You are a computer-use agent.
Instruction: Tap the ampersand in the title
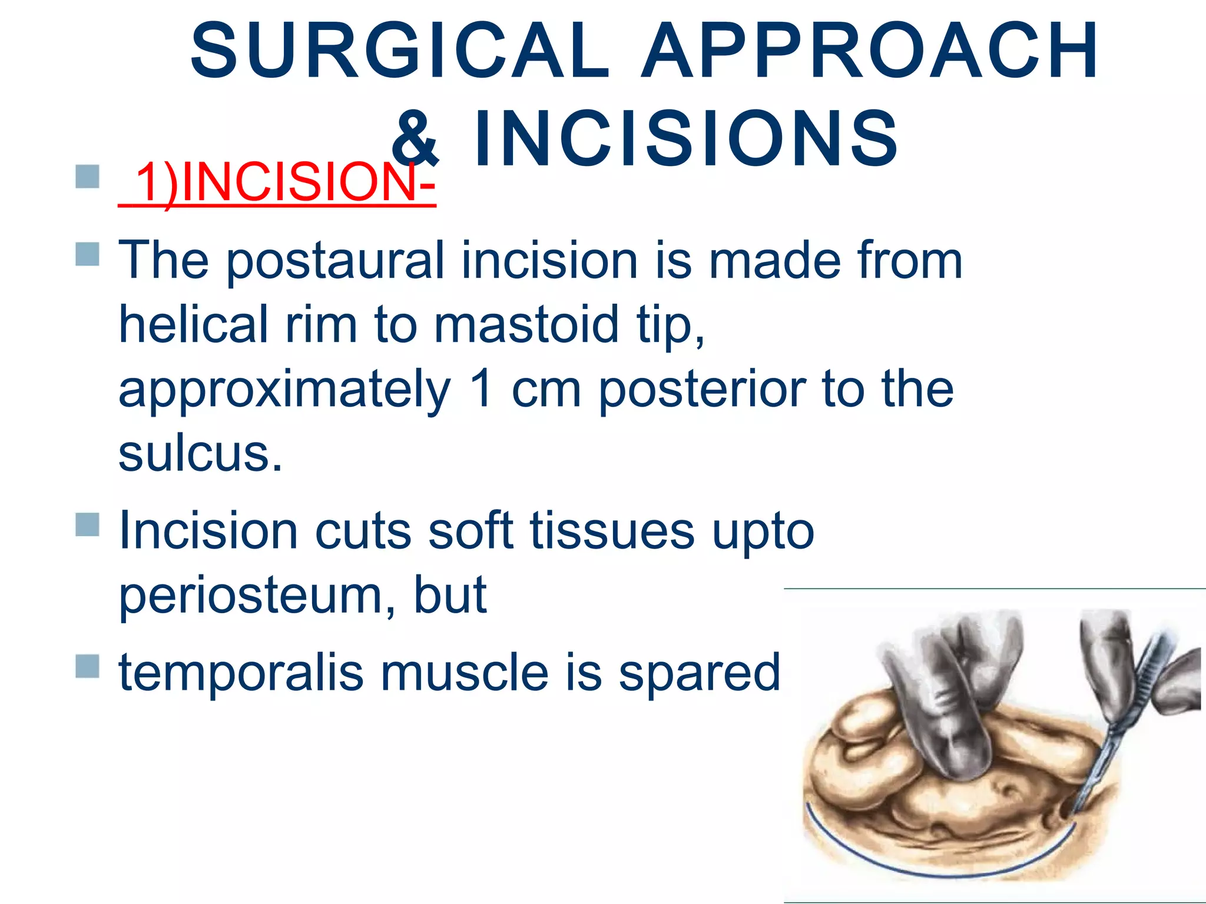click(x=415, y=139)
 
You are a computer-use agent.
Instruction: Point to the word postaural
click(x=334, y=261)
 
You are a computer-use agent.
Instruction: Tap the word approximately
click(x=284, y=390)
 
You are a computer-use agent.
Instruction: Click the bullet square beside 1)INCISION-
click(x=88, y=177)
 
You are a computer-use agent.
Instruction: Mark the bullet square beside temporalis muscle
click(x=88, y=666)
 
